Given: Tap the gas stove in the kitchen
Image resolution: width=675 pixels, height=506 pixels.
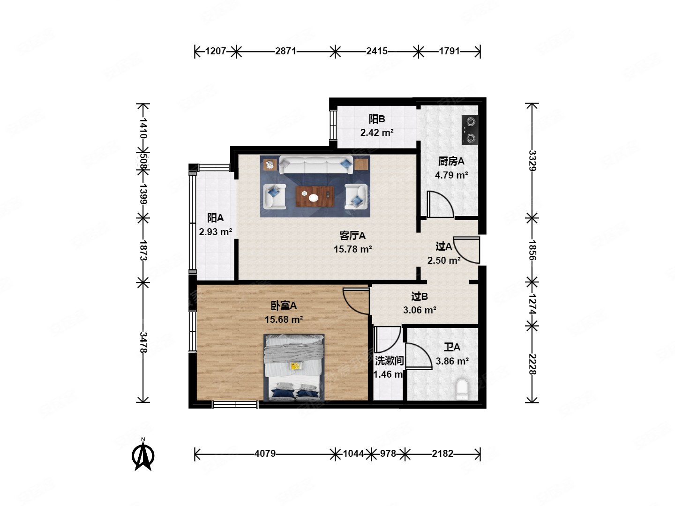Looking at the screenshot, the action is tap(470, 130).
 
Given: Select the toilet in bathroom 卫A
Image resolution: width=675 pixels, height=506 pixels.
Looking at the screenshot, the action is tap(462, 389).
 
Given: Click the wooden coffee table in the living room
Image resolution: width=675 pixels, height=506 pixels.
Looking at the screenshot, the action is tap(314, 196).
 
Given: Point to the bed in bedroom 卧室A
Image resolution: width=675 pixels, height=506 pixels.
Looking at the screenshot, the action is tap(294, 367).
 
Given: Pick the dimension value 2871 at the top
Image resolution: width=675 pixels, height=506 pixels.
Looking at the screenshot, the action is tap(285, 51).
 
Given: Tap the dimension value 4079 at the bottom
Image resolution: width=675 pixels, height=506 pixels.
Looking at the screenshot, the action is tap(265, 454).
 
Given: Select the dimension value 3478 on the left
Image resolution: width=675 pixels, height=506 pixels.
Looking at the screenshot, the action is tap(143, 342).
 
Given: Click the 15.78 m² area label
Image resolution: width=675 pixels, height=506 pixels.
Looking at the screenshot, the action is tap(352, 249).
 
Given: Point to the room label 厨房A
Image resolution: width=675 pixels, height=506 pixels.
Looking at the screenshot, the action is tap(451, 161).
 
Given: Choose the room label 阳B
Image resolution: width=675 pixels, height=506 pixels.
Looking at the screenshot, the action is tap(377, 119).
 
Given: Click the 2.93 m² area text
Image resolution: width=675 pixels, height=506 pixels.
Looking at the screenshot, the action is tap(215, 231).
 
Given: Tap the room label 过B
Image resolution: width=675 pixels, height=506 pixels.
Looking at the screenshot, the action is tap(420, 297).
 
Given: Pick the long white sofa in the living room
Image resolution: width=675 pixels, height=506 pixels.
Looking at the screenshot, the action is tap(316, 165).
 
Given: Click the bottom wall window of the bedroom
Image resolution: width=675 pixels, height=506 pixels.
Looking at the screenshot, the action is tap(235, 405).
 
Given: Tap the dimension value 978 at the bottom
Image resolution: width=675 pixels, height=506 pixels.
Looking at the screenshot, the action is tap(388, 454).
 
